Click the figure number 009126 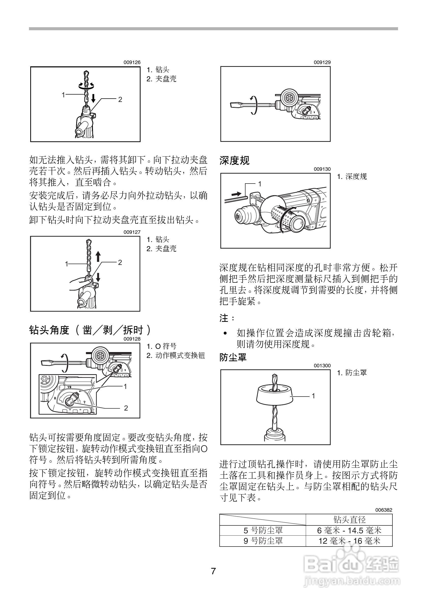(132, 63)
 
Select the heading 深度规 (234, 160)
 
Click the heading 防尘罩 (233, 357)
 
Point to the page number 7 (213, 571)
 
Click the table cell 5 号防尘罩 (263, 530)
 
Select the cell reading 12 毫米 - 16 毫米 (349, 541)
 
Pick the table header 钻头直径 (349, 520)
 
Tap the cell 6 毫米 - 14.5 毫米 (349, 530)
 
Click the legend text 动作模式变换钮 (180, 355)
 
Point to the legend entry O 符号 (166, 346)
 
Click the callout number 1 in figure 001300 (313, 396)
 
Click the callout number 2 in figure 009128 (126, 408)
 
